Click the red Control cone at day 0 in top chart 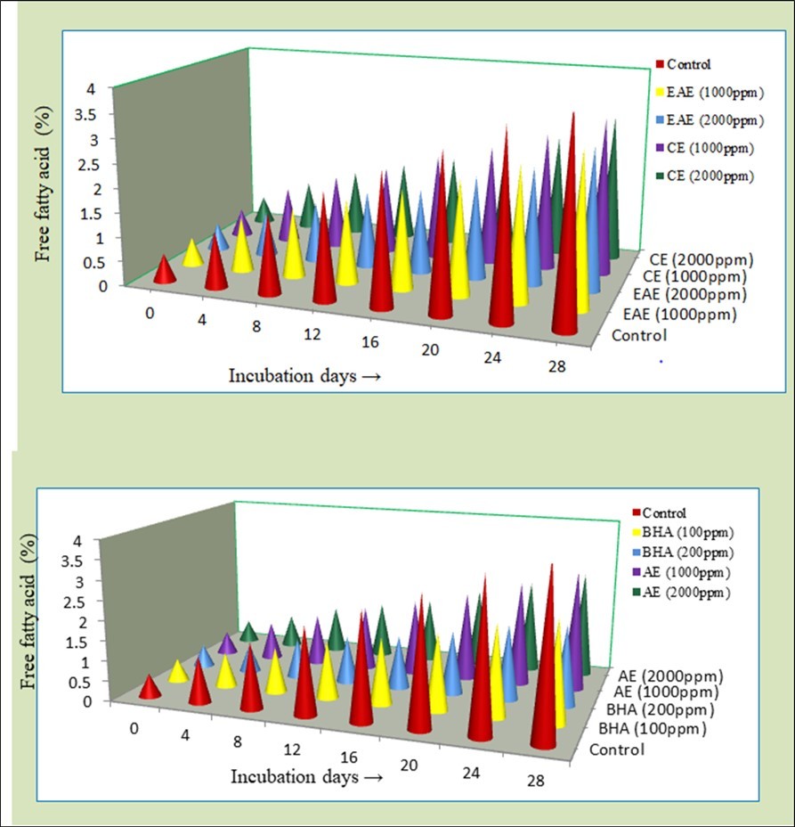click(164, 271)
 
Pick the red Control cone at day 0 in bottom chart click(150, 689)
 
